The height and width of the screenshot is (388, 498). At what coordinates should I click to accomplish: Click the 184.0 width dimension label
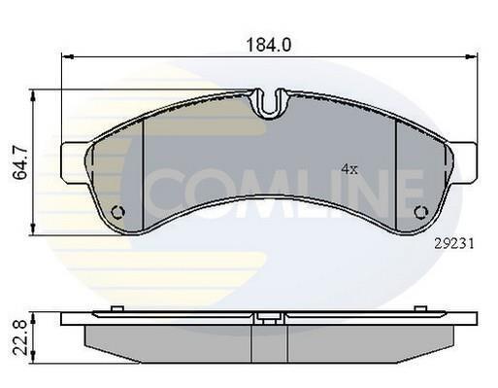[x=269, y=45]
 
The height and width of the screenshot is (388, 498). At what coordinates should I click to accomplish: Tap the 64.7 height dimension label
[x=20, y=163]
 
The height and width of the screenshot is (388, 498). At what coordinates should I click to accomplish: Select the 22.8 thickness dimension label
[x=20, y=337]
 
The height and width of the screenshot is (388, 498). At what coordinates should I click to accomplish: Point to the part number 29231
[x=453, y=243]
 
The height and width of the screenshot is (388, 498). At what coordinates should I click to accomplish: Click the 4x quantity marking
[x=349, y=169]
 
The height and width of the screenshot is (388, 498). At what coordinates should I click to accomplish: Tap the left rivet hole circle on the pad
[x=117, y=212]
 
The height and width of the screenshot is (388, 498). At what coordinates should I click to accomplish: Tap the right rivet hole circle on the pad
[x=421, y=212]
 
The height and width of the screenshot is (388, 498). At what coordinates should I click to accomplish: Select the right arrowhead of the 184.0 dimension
[x=471, y=56]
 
